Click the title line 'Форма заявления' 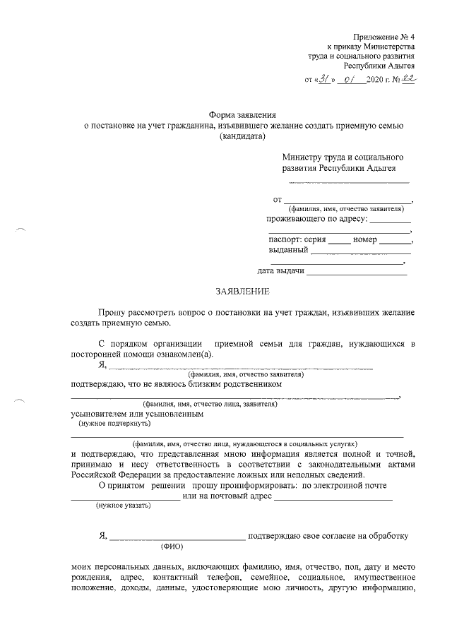tap(242, 114)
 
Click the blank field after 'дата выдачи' tap(357, 271)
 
